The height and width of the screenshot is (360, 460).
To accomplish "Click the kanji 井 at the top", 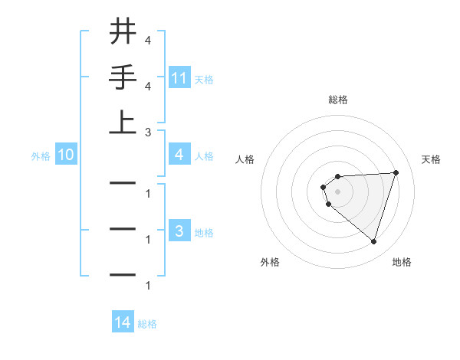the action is [x=123, y=32].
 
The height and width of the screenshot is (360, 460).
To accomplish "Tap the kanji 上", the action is [x=123, y=123].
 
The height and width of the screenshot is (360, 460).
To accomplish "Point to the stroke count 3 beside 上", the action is [x=148, y=132].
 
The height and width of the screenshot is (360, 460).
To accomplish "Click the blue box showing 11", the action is [x=179, y=78].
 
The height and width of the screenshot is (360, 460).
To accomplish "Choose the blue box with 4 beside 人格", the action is [x=179, y=155].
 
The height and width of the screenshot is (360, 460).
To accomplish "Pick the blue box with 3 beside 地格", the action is [x=179, y=231].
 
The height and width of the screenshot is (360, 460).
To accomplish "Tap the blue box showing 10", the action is [x=66, y=155].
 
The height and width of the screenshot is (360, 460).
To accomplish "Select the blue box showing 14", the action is [x=123, y=323].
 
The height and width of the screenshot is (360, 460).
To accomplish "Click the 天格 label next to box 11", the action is [x=204, y=79].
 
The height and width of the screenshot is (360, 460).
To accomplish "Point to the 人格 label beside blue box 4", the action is [x=204, y=156].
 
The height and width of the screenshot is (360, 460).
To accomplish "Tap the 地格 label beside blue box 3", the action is [x=204, y=232].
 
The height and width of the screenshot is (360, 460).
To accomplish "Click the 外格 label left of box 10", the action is [x=41, y=156].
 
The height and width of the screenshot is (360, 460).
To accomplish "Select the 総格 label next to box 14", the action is [x=147, y=324].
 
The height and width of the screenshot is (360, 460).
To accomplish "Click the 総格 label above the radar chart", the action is [x=337, y=100].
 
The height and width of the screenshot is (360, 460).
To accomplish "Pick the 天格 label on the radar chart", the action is [x=432, y=159].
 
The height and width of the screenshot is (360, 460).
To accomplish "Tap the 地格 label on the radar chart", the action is [x=402, y=262].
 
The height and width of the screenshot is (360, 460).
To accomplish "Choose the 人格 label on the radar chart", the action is [x=245, y=159].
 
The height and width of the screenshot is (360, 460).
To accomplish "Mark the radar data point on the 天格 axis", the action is [x=396, y=172].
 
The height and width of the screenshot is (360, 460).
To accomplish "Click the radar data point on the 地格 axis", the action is [x=373, y=241].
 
